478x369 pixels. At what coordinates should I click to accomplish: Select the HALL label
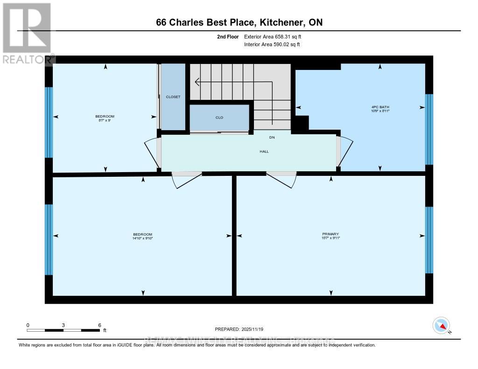265,151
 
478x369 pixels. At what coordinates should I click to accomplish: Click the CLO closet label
219,118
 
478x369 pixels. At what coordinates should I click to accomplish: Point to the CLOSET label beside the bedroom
173,97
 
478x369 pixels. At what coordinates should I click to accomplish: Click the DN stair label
272,138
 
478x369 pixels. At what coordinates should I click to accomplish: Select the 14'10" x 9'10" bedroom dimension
143,238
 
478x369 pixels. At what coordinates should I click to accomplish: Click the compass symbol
441,325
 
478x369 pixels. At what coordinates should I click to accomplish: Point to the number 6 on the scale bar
100,325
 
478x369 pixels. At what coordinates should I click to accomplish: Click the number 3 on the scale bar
63,325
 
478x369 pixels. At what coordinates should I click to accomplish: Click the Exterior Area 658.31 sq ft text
276,36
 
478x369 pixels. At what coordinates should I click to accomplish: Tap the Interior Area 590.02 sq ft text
272,44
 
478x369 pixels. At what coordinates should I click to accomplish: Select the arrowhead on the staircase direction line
197,83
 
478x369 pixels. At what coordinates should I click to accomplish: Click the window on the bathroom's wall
429,130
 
